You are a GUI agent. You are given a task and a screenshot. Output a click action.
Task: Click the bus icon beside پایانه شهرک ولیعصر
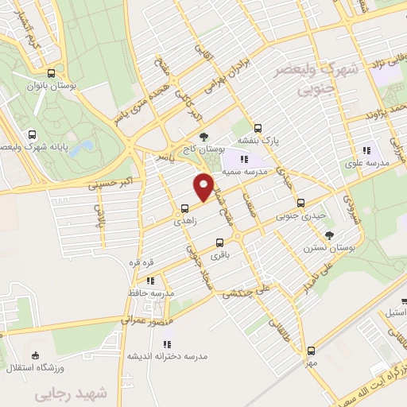point(31,134)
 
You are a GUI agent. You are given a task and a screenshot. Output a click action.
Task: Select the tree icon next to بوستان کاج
point(204,137)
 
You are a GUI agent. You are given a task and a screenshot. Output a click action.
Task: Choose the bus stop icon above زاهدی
point(185,208)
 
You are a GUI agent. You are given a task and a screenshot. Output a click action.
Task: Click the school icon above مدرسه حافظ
point(150,280)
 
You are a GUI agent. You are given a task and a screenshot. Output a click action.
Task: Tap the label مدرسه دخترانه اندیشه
point(168,357)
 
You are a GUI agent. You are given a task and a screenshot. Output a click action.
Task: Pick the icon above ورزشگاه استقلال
point(34,355)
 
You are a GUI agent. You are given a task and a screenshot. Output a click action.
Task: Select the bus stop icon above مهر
point(311,351)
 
